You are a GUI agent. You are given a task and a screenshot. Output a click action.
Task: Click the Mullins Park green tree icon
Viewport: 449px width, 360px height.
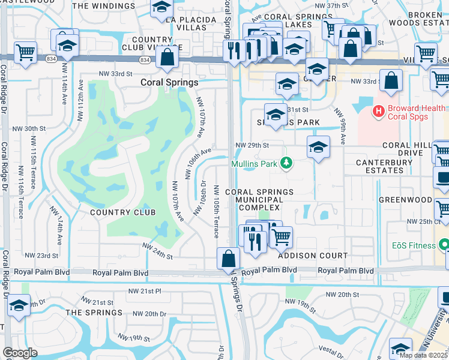(x=288, y=163)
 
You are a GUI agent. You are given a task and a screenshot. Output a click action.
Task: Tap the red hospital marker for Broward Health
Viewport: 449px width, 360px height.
(x=378, y=111)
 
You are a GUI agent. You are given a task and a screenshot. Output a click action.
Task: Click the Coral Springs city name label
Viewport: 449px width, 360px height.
(x=169, y=82)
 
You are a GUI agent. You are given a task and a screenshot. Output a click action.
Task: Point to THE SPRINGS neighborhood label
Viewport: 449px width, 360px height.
(x=94, y=313)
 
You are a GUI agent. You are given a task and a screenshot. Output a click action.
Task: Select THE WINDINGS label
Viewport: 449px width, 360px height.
(x=103, y=6)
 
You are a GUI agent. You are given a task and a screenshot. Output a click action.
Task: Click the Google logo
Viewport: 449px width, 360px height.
(x=20, y=353)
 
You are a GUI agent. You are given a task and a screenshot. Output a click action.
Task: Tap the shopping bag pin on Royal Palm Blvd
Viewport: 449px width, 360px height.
(x=229, y=259)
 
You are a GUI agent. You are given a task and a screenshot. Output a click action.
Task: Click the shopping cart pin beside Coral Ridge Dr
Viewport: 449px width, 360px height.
(x=25, y=52)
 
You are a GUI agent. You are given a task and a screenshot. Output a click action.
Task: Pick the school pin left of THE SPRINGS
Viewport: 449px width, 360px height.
(x=19, y=305)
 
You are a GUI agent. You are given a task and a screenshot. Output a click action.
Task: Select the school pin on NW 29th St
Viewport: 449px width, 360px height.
(x=318, y=146)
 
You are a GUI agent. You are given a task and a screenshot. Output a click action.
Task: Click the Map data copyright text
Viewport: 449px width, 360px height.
(x=423, y=355)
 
